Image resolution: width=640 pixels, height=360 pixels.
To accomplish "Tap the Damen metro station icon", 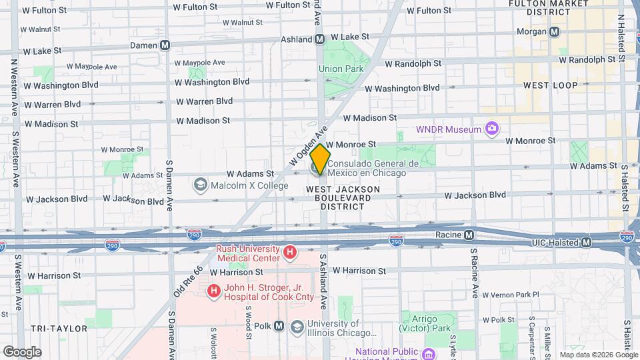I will [x=165, y=45].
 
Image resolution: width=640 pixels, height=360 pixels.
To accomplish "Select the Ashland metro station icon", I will [x=320, y=39].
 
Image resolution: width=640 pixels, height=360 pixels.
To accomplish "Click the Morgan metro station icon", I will [x=555, y=31].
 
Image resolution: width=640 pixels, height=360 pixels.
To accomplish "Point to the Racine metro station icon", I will [x=469, y=235].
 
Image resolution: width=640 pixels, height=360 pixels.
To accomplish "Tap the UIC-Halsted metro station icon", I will [x=586, y=243].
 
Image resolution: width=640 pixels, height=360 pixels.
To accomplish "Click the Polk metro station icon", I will [x=279, y=326].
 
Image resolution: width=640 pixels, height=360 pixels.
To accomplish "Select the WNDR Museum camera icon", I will [x=492, y=128].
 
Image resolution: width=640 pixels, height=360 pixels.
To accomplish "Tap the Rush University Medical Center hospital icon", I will [x=289, y=253].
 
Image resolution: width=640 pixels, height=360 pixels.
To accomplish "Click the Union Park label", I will [x=341, y=69].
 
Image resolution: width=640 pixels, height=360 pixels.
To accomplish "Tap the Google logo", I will [x=22, y=352].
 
